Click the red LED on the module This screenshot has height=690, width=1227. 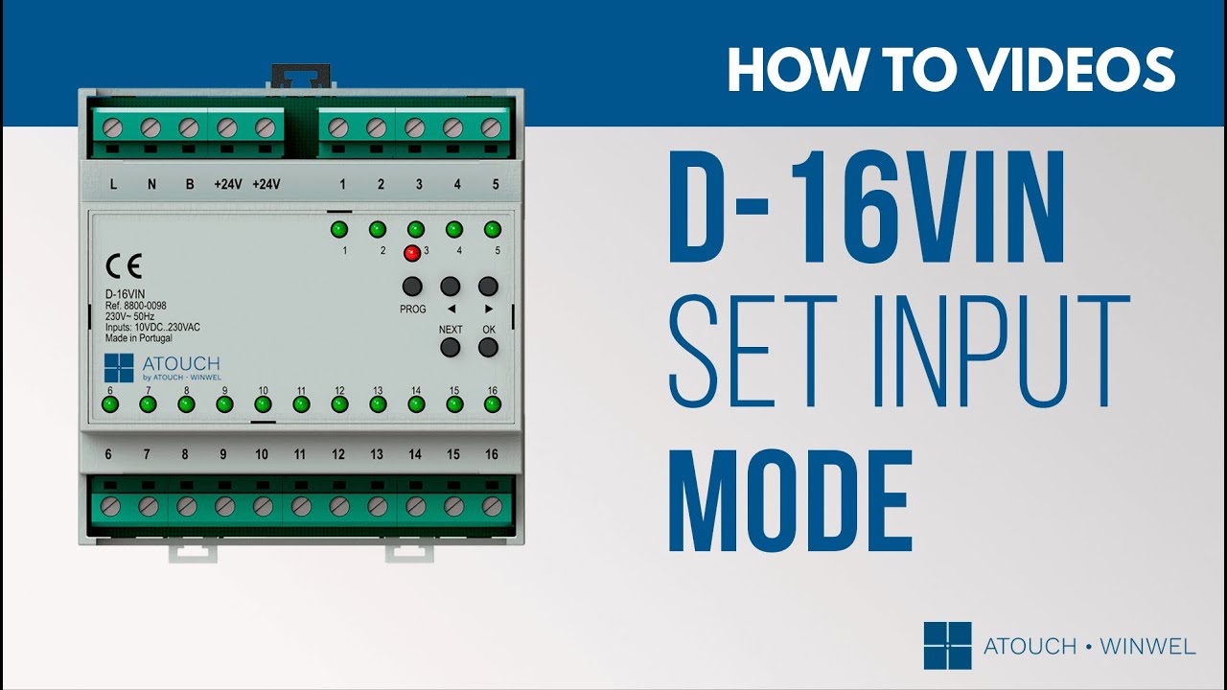click(412, 253)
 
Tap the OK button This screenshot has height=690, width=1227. click(488, 347)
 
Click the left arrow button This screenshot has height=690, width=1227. click(451, 286)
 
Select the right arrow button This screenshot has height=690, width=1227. click(488, 286)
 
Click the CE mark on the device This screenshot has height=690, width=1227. click(124, 266)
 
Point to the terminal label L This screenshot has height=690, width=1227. click(113, 184)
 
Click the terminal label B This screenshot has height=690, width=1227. click(190, 184)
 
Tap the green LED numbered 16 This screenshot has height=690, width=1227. click(493, 404)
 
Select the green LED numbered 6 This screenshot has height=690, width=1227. click(110, 404)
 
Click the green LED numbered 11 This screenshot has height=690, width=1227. click(301, 404)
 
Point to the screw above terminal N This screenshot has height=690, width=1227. click(150, 128)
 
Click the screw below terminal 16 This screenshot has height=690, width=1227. click(493, 507)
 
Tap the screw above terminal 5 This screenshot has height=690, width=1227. click(491, 128)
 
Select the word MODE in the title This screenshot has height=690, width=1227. click(791, 500)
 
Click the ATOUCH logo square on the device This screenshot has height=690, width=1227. click(119, 368)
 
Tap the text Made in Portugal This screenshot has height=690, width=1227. click(139, 338)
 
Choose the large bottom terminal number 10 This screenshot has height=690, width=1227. click(262, 454)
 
